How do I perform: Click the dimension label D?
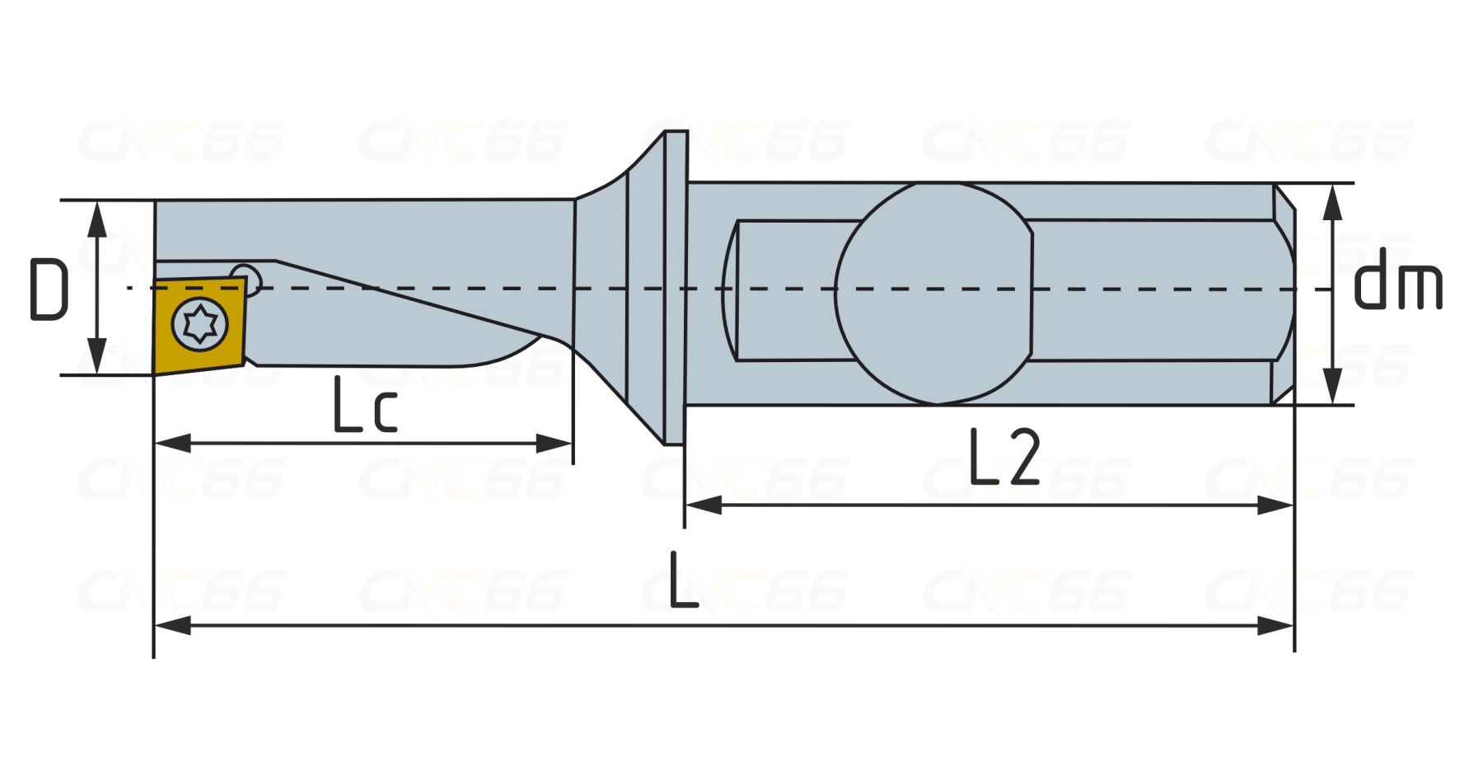[49, 289]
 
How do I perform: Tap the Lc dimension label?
[365, 404]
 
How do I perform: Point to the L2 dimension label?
[1004, 456]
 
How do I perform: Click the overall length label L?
[683, 580]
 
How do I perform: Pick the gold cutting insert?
[199, 325]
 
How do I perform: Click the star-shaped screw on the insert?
[200, 324]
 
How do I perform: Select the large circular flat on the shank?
[933, 293]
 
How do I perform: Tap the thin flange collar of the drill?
[676, 288]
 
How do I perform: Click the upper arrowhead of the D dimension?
[97, 218]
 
